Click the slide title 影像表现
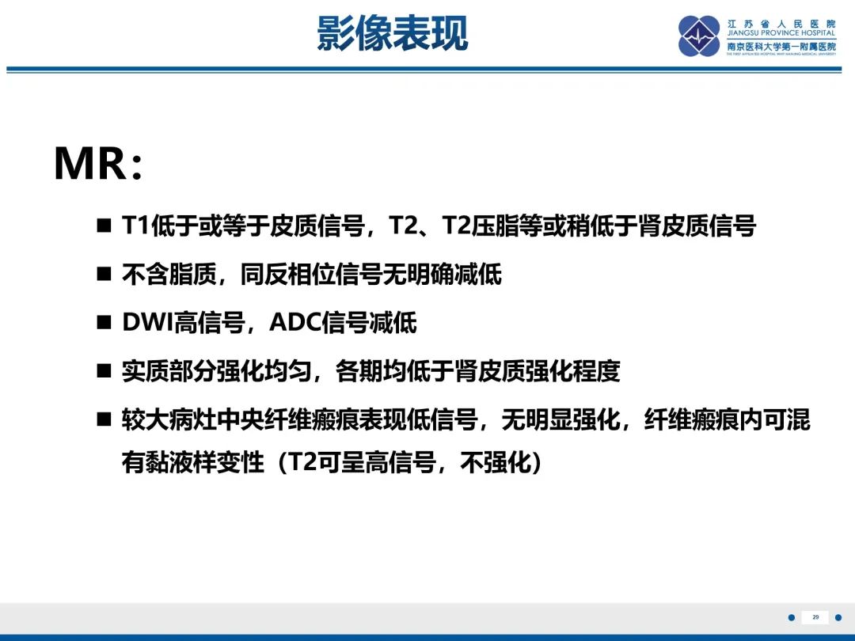pos(392,33)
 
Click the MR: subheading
pos(99,163)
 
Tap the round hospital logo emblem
pos(699,36)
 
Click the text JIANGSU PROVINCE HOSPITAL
pos(781,32)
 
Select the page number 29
pos(815,617)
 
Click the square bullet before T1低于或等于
pos(104,225)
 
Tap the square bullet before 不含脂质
pos(104,274)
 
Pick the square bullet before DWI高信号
pos(104,322)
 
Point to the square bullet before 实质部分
pos(104,371)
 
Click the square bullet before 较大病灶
pos(104,419)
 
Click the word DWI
pos(147,322)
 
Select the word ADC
pos(295,322)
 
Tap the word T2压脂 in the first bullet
pos(479,226)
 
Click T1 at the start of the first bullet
pos(135,226)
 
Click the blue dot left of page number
pos(792,617)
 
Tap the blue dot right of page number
pos(838,617)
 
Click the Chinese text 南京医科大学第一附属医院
pos(781,47)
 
